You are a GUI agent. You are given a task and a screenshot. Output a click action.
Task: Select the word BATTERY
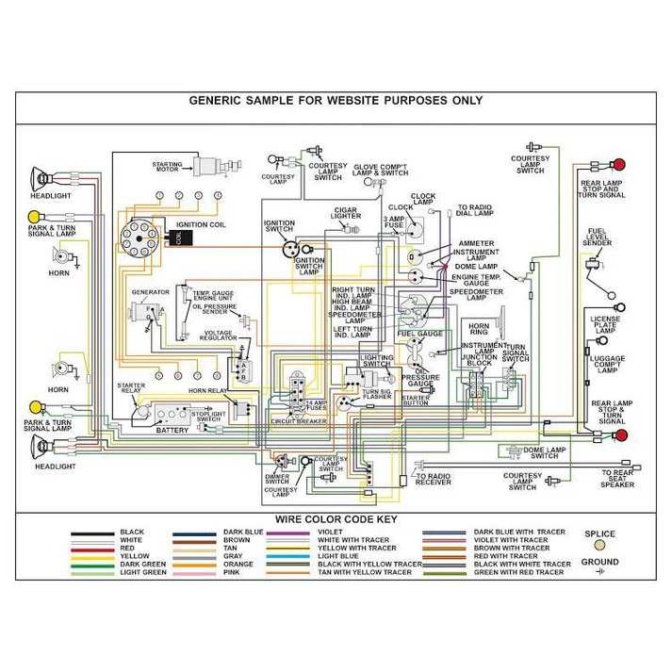[173, 430]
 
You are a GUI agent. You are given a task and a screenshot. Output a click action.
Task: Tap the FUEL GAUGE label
[419, 334]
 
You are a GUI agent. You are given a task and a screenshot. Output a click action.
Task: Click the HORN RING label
[479, 327]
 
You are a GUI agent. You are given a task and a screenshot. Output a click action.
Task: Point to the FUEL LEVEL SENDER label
[598, 237]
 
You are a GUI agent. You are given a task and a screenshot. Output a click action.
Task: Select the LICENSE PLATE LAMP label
[605, 325]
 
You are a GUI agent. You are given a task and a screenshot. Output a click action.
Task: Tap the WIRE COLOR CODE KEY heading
[336, 519]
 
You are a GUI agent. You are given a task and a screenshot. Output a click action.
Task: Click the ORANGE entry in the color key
[238, 564]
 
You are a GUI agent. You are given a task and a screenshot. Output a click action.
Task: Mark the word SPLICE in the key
[599, 534]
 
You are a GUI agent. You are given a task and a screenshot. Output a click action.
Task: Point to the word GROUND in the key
[599, 562]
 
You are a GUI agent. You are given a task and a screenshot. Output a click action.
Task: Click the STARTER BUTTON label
[416, 402]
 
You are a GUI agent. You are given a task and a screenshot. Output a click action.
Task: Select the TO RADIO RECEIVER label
[434, 482]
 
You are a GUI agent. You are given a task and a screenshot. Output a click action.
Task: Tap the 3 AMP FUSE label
[393, 222]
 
